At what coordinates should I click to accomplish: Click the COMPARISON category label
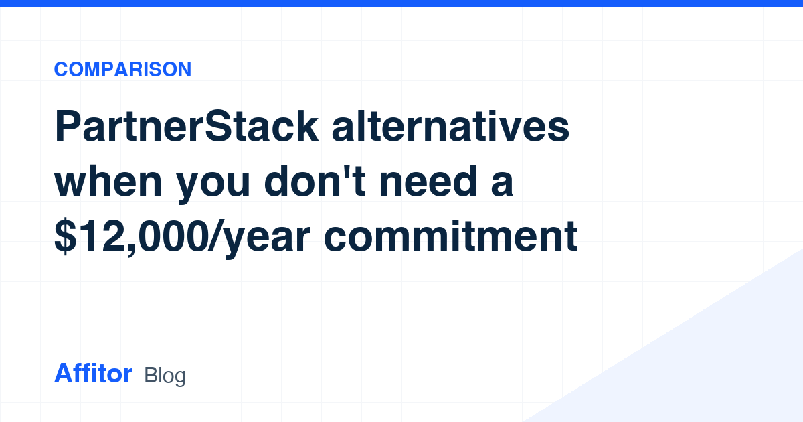click(122, 69)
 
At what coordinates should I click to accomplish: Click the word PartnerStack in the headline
click(186, 127)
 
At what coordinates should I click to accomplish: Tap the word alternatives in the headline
click(450, 127)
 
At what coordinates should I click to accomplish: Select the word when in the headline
click(108, 182)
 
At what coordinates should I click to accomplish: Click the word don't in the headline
click(315, 182)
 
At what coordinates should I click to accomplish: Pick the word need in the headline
click(428, 182)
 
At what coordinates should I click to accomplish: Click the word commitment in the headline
click(450, 236)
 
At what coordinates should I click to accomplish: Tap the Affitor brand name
click(93, 373)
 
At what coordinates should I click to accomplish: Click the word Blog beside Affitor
click(165, 376)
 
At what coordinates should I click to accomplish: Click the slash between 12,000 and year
click(217, 235)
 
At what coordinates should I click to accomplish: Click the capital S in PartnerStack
click(219, 127)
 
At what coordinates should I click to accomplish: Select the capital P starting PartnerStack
click(68, 126)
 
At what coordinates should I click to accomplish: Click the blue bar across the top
click(401, 3)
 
